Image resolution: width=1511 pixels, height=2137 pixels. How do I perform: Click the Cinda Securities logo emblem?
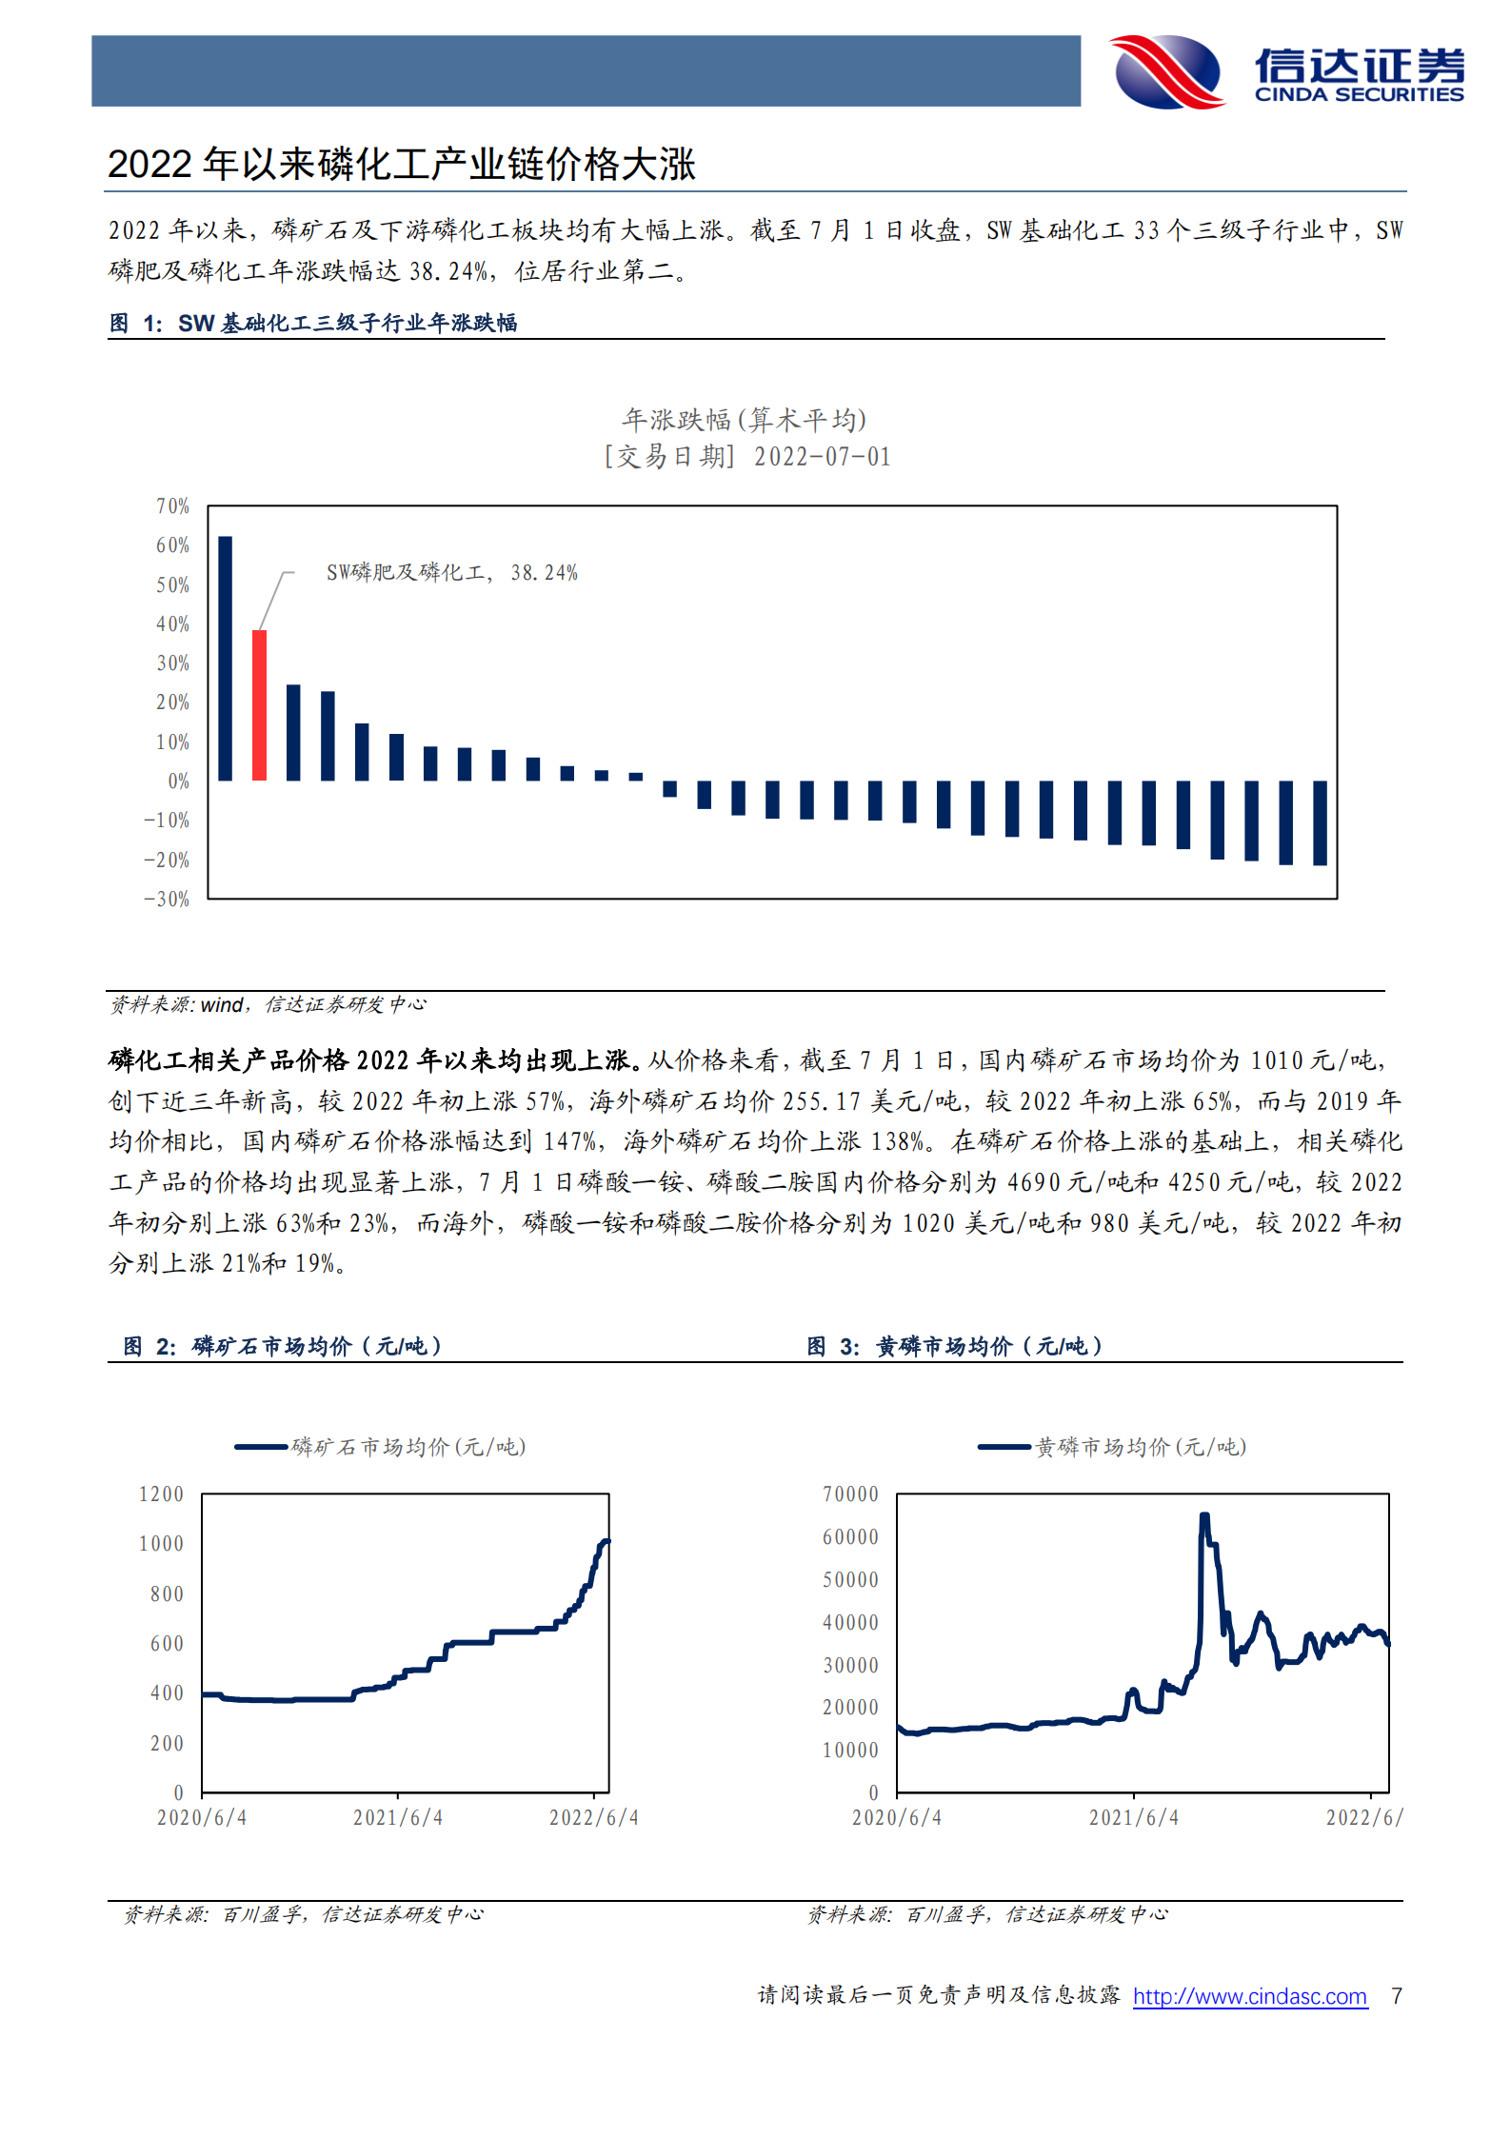click(1168, 71)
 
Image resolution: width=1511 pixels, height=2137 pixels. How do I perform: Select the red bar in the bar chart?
click(259, 704)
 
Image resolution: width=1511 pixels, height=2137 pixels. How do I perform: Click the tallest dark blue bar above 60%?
click(226, 658)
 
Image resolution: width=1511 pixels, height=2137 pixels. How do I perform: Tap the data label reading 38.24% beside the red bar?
click(544, 573)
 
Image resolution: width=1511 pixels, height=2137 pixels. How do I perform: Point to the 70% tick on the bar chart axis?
click(172, 506)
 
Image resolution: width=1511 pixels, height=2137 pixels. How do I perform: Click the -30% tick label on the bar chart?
click(167, 900)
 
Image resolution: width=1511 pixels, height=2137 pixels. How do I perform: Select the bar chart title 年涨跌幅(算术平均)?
click(744, 420)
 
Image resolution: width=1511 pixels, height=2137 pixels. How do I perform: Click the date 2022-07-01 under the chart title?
click(822, 457)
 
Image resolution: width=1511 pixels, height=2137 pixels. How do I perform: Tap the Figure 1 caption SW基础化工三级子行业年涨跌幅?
click(348, 324)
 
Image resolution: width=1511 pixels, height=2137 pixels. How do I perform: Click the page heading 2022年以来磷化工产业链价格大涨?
click(401, 165)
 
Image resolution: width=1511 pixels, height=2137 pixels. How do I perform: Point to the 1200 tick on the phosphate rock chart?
click(161, 1494)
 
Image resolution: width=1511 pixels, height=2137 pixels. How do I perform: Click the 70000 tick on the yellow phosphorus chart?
click(850, 1494)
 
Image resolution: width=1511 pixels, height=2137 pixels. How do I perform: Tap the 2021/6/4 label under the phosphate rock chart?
click(398, 1818)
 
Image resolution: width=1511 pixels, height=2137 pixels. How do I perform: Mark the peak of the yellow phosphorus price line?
click(1204, 1515)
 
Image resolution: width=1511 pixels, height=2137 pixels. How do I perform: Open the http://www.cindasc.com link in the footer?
click(1249, 1996)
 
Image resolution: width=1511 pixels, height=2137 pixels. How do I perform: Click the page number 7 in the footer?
click(1396, 1996)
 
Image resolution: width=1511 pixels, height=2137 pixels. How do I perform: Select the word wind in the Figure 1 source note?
click(222, 1005)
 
